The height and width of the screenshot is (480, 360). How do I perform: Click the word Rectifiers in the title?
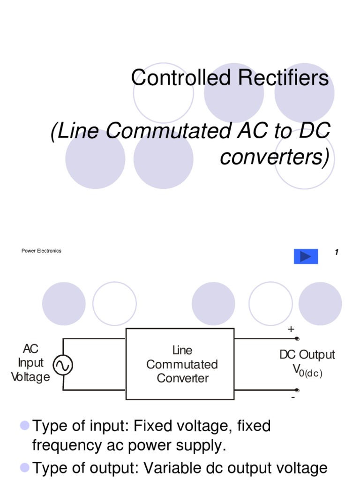(x=283, y=78)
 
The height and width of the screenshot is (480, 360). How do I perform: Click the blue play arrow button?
(x=306, y=256)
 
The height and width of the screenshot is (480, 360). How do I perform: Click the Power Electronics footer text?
(x=41, y=251)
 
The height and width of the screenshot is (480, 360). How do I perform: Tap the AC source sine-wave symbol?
(x=62, y=366)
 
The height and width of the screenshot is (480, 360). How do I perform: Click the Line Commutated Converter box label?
(x=182, y=364)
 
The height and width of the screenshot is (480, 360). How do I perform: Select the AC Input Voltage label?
(x=30, y=363)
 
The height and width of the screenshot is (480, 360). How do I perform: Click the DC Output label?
(x=307, y=355)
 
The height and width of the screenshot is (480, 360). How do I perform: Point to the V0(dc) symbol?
(x=307, y=370)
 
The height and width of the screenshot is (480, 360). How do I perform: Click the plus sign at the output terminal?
(x=291, y=330)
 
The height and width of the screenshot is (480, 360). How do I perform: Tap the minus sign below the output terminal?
(x=293, y=397)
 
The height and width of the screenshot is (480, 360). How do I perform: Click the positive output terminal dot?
(x=296, y=338)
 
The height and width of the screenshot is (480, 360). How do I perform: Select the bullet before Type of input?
(x=24, y=425)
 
